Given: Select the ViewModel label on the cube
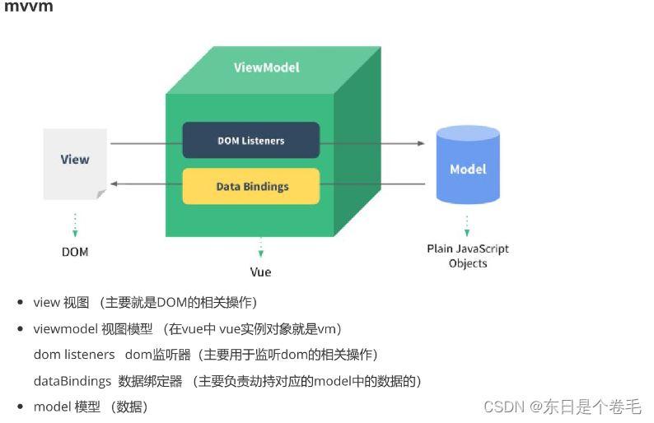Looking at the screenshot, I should tap(266, 67).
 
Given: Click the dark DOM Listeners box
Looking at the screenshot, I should tap(250, 141).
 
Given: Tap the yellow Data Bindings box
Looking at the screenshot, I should tap(250, 186).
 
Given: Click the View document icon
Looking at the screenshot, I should tap(75, 163).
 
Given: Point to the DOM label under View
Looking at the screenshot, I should tap(75, 251).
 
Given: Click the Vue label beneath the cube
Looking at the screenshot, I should tap(260, 272).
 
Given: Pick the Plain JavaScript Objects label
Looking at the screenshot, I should tap(467, 256).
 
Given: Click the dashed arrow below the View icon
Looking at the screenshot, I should tap(75, 223).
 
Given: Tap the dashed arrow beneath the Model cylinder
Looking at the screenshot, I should tap(467, 223).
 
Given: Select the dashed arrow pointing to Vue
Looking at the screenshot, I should tap(260, 246).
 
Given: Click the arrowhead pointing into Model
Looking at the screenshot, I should tap(421, 143).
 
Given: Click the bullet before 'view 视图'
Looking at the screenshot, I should tap(20, 303).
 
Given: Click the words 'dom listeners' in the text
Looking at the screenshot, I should tap(74, 355).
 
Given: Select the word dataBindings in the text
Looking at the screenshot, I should tap(72, 381).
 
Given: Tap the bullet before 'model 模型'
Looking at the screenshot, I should tap(20, 407).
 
